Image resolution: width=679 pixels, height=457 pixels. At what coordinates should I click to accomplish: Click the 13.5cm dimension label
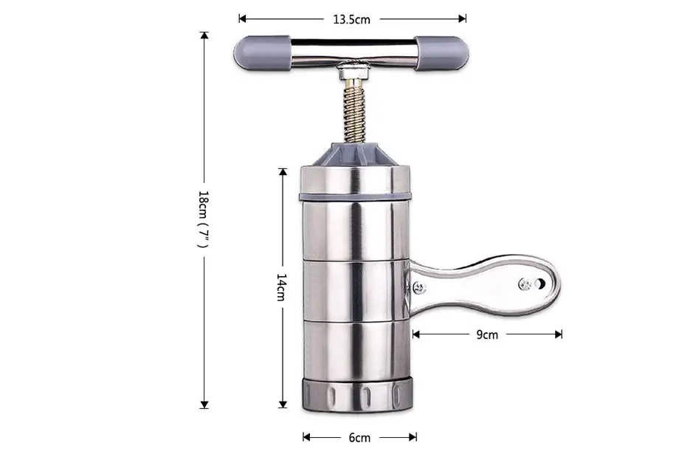pos(351,19)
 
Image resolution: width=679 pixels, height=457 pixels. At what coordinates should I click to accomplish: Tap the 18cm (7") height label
pos(204,219)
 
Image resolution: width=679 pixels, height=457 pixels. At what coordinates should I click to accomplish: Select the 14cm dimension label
pos(282,287)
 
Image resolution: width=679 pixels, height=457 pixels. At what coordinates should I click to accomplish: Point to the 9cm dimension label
pos(487,334)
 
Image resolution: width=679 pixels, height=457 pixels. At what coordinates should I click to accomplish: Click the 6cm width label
pos(359,438)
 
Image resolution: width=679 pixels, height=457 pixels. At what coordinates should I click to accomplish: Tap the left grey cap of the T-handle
pos(262,53)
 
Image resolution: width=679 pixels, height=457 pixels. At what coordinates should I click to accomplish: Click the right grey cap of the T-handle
pos(441,53)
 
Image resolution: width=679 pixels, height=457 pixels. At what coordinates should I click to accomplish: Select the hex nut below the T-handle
pos(354,72)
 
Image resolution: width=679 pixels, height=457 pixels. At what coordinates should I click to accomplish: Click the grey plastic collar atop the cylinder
pos(355,154)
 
